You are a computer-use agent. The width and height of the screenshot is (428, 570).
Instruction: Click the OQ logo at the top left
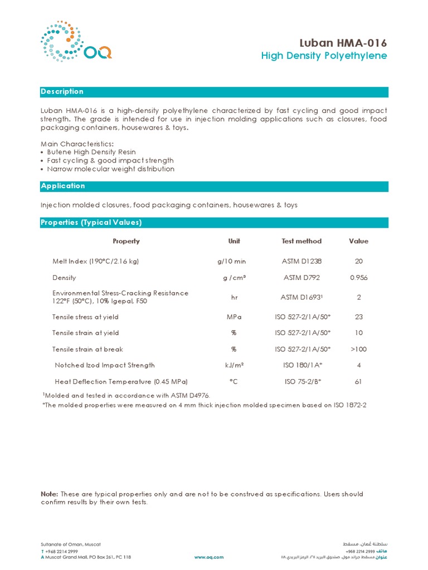tap(76, 42)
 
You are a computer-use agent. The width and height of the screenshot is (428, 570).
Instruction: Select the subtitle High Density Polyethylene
tap(324, 56)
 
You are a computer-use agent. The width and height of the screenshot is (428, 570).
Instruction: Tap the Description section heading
tap(62, 92)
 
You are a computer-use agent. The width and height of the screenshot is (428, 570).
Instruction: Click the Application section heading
tap(63, 186)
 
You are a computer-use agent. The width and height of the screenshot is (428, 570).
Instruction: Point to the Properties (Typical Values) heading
tap(91, 223)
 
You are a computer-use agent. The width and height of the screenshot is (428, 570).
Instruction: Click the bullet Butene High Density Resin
tap(91, 152)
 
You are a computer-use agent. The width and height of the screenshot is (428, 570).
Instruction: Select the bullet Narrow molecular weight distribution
tap(110, 169)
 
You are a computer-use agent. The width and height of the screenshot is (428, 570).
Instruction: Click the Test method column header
tap(301, 241)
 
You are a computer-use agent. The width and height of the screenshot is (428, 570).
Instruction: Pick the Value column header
tap(358, 241)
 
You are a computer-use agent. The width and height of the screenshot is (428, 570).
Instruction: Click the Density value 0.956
tap(358, 278)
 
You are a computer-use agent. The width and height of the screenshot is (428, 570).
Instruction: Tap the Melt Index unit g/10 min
tap(231, 261)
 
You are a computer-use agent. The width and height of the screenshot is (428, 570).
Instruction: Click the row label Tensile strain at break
tap(87, 349)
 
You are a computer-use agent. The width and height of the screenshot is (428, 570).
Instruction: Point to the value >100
tap(358, 349)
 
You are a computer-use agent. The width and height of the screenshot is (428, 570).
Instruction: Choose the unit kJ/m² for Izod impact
tap(234, 365)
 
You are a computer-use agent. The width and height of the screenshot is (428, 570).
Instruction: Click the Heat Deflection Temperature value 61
tap(358, 382)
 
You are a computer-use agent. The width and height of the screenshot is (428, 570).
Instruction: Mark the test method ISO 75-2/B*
tap(303, 382)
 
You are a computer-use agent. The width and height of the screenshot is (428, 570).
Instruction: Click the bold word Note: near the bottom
tap(49, 494)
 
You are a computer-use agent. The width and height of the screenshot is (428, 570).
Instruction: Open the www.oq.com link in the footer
tap(209, 557)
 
